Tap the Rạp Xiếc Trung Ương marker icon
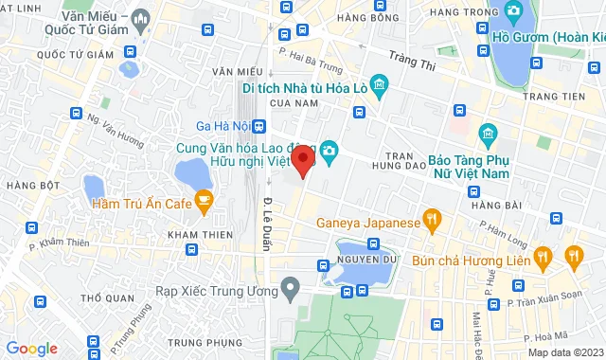click(292, 285)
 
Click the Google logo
click(31, 349)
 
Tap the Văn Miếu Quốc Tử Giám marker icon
click(141, 18)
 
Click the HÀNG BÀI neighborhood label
click(491, 205)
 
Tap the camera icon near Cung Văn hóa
click(330, 150)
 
